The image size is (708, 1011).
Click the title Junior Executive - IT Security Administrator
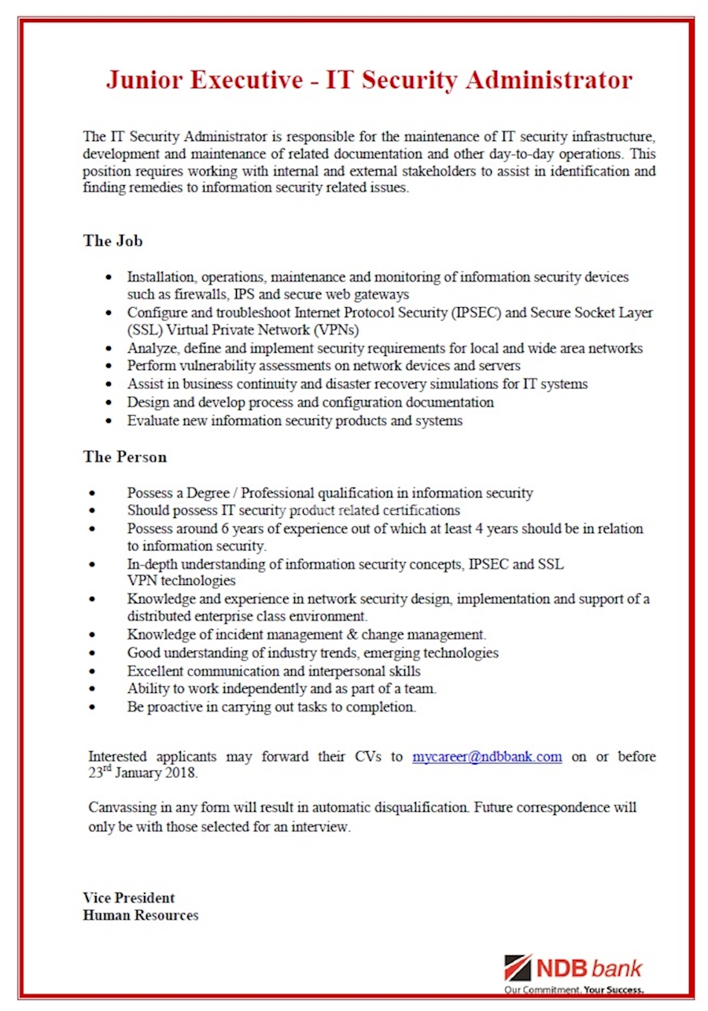click(369, 80)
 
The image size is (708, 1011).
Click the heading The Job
click(112, 241)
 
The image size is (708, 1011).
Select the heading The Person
click(124, 457)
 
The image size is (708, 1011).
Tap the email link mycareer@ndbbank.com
click(487, 757)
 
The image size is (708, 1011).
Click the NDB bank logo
click(573, 968)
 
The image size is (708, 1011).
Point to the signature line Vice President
click(128, 898)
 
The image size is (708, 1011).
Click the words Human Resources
click(140, 915)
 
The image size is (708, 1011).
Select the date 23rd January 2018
click(142, 773)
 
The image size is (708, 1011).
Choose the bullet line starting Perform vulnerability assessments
click(323, 366)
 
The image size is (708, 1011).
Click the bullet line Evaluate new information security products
click(294, 420)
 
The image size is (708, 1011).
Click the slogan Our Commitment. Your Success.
click(573, 990)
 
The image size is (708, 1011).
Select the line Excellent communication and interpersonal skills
click(274, 672)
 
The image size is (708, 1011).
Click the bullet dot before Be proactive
click(94, 707)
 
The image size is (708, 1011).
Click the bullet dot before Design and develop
click(109, 402)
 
